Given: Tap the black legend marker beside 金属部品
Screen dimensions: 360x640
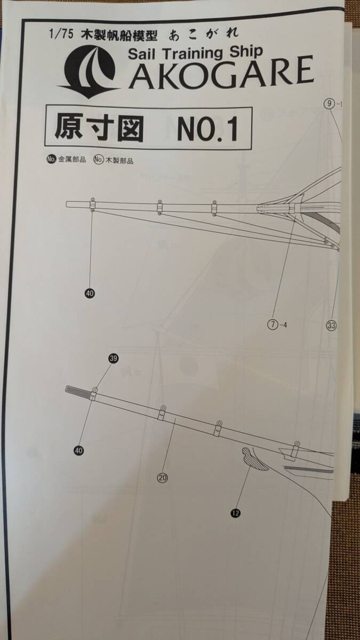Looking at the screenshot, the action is [x=52, y=159].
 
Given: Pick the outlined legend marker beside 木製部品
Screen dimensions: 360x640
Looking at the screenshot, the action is [x=98, y=159].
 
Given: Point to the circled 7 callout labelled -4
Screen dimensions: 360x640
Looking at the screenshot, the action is [x=273, y=324].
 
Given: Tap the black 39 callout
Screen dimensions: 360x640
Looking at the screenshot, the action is [x=113, y=358].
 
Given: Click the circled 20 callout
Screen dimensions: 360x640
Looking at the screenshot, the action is [x=163, y=478].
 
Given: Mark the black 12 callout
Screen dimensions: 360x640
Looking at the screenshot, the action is [x=236, y=513].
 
